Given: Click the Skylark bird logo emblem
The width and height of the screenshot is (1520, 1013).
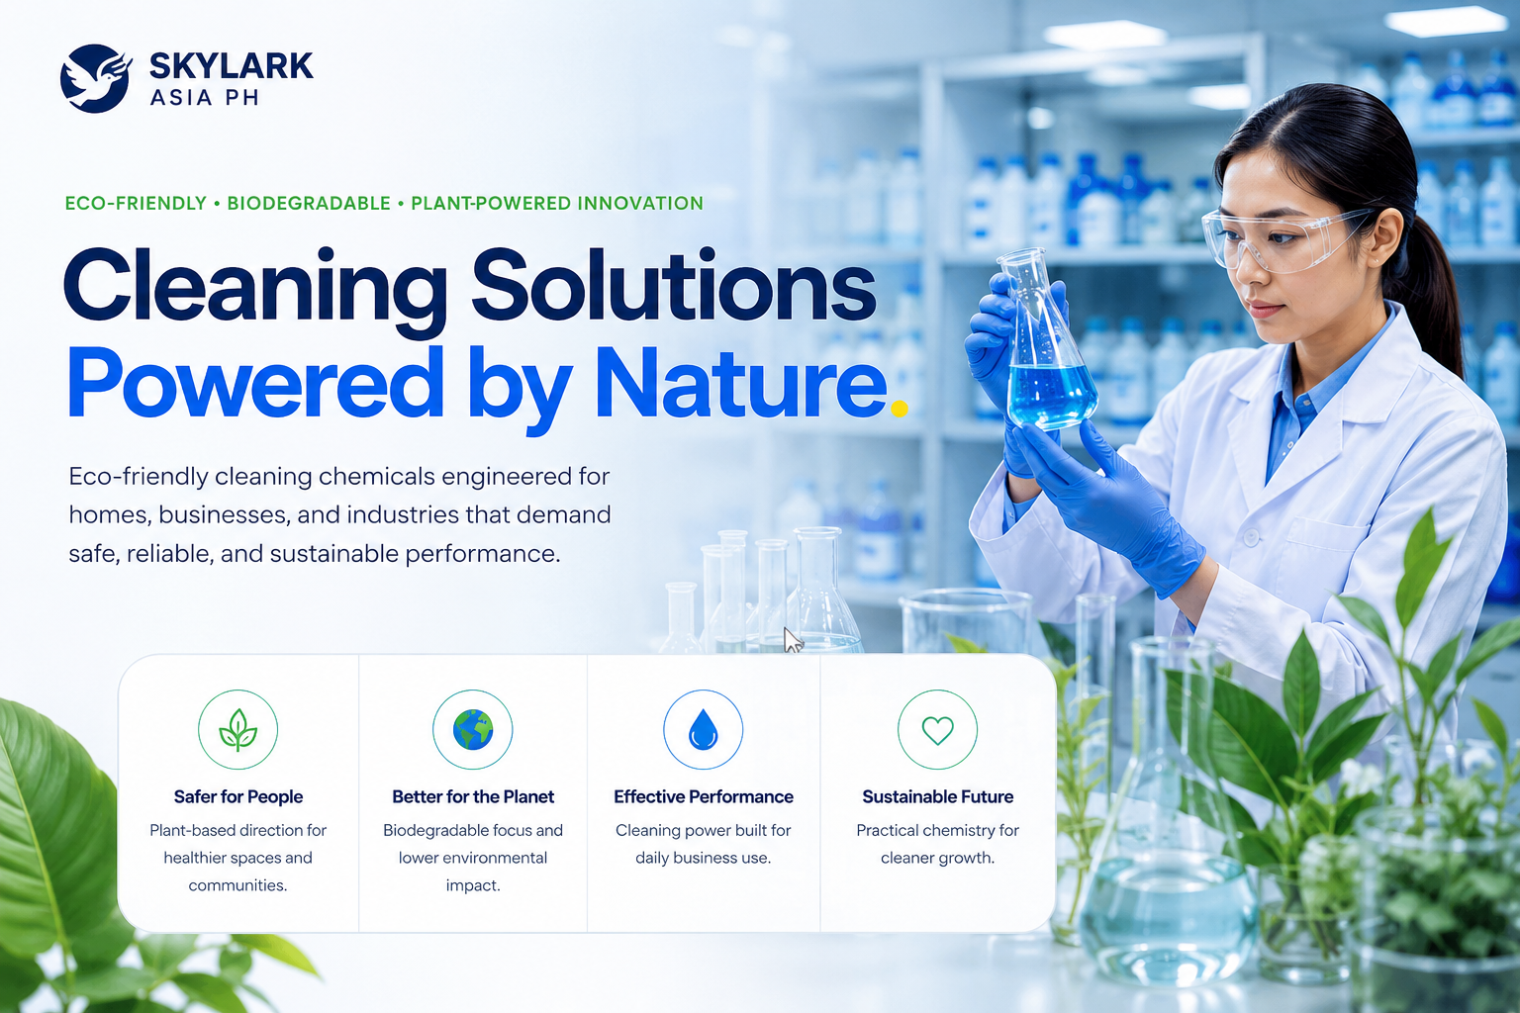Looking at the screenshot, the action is click(x=95, y=78).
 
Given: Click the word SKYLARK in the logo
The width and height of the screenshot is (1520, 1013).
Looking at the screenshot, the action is click(x=231, y=66).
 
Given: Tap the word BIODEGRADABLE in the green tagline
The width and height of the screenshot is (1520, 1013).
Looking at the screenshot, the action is click(x=309, y=204).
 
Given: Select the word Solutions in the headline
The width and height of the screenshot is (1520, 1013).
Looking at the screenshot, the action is click(x=674, y=285).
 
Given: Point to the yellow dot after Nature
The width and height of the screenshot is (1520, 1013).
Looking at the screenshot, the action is click(x=900, y=408).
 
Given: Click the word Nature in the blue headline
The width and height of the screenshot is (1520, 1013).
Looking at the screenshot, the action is click(x=740, y=384).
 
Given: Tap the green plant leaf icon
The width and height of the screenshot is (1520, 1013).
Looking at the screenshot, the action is click(x=238, y=729).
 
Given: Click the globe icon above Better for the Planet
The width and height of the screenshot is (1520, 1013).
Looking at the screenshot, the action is click(x=473, y=729).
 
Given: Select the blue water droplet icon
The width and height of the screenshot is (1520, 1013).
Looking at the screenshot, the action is click(x=703, y=729).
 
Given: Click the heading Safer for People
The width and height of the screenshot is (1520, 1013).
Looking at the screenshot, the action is click(x=238, y=796).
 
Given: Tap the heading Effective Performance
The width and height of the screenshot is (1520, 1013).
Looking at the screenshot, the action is click(x=704, y=796).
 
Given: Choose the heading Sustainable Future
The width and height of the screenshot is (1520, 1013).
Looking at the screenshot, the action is click(x=938, y=796).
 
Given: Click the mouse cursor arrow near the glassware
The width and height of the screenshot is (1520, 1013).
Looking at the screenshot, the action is click(x=792, y=639).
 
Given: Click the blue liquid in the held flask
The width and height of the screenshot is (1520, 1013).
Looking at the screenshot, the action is click(x=1053, y=396).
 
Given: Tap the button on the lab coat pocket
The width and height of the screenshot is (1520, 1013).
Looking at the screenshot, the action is click(x=1251, y=537).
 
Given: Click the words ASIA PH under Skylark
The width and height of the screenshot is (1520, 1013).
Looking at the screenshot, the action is click(x=204, y=98).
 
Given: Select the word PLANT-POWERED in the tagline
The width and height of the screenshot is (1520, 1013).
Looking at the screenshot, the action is click(x=489, y=204).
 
